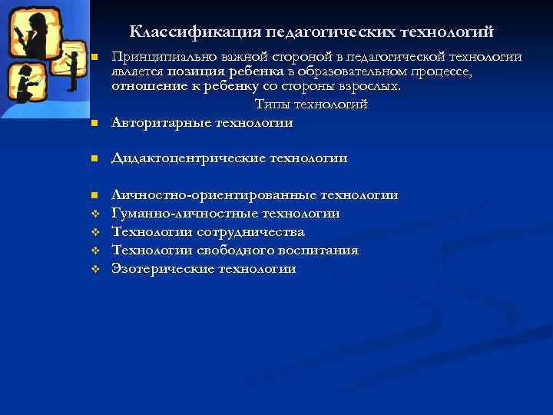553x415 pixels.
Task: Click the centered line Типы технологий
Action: tap(311, 104)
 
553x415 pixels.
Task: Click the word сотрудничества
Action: tap(250, 231)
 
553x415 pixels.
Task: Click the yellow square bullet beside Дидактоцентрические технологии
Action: tap(94, 158)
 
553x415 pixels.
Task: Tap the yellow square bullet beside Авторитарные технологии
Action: tap(94, 124)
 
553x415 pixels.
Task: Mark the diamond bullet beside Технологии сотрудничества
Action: tap(94, 232)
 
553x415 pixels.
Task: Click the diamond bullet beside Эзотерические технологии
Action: tap(94, 269)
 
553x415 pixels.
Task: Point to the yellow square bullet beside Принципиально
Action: tap(94, 58)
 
